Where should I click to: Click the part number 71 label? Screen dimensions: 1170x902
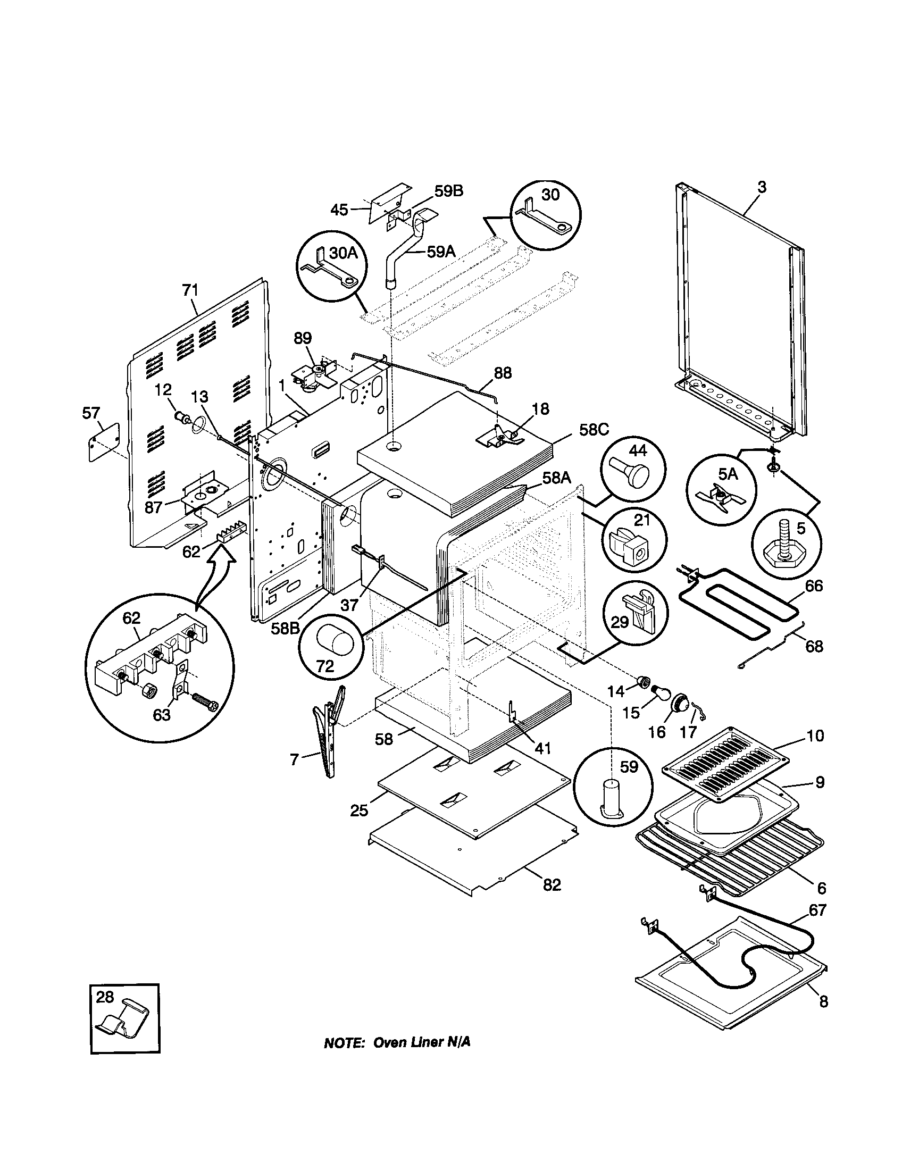(x=190, y=290)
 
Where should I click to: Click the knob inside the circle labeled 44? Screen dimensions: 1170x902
(x=633, y=473)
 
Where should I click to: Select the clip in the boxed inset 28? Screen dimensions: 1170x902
(x=123, y=1021)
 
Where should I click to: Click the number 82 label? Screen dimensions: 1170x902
(x=552, y=885)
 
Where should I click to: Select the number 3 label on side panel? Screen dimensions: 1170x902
(x=762, y=187)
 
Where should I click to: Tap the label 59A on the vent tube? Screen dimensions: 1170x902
(x=441, y=251)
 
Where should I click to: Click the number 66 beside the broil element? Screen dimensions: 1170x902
(x=814, y=586)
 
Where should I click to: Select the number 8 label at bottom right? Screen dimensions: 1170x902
(x=823, y=1001)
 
